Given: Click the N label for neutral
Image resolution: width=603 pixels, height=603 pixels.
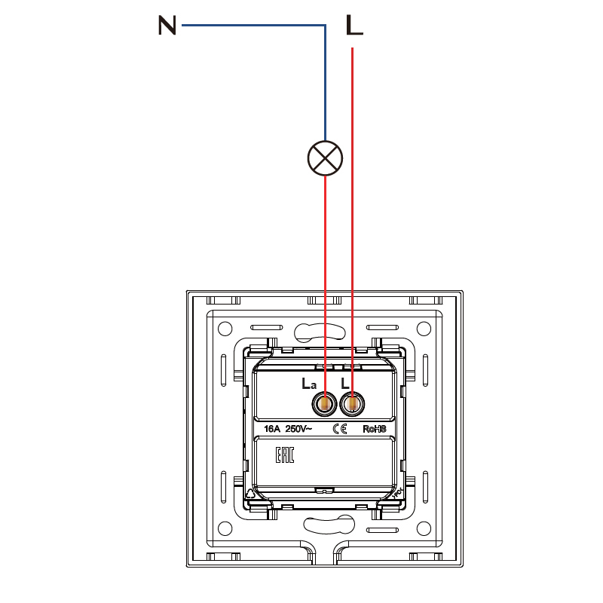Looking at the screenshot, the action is point(167,26).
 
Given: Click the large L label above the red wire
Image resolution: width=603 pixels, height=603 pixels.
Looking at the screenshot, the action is point(354,26).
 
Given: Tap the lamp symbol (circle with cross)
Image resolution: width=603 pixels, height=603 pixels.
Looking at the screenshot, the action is point(325,158).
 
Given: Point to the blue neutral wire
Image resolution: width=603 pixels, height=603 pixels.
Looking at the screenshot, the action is point(326,26).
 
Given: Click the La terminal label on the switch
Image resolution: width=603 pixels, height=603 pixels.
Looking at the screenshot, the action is point(309,384).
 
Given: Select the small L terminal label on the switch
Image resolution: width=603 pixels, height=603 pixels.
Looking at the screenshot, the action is point(345,384).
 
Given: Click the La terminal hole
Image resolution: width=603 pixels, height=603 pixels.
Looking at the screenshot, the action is point(325,404).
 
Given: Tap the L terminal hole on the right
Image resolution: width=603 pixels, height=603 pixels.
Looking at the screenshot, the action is point(352,404).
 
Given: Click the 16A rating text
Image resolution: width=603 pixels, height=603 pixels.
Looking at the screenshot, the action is point(272,429).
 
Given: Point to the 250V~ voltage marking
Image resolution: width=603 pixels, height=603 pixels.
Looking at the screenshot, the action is point(298,429).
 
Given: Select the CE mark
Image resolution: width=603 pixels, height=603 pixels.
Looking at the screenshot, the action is point(340,429).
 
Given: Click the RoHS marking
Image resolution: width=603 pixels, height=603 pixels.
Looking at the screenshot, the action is point(374,429).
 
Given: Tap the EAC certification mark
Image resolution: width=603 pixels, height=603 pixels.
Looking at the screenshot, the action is point(285,455).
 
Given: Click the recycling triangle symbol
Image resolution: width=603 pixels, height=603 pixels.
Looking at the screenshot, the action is point(251,494).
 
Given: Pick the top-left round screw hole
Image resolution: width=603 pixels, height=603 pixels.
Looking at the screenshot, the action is point(225,329).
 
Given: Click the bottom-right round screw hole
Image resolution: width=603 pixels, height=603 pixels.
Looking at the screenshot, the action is point(424,528).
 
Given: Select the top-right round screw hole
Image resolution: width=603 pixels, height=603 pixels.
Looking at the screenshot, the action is point(424,329).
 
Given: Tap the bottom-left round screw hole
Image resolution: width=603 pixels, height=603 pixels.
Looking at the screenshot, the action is point(225,528).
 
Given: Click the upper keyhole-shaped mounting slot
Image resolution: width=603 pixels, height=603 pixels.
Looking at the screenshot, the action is point(320,332).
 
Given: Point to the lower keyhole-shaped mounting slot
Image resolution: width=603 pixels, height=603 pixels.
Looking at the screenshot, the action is point(329,525).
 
